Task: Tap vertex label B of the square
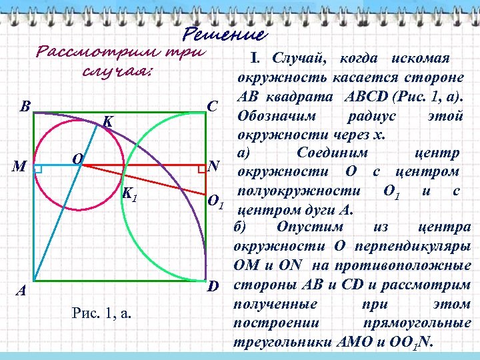(x=25, y=106)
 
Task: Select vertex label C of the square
(x=213, y=106)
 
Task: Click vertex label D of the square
(x=213, y=287)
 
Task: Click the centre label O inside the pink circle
(x=77, y=159)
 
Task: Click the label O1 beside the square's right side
(x=216, y=201)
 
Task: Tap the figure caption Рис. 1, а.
(x=100, y=313)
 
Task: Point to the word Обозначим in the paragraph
(x=274, y=116)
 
